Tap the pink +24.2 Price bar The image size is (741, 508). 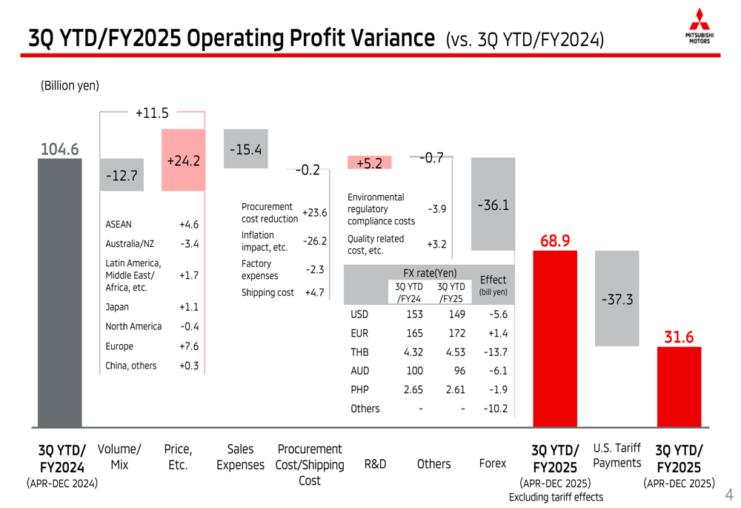[x=183, y=160]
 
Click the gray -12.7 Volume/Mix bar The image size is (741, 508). [x=122, y=175]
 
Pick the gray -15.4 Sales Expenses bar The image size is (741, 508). [x=245, y=149]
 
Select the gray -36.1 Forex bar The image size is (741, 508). [x=493, y=204]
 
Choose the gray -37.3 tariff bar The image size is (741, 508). [x=617, y=298]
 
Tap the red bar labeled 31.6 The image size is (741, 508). [x=679, y=386]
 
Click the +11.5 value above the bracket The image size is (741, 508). [x=152, y=113]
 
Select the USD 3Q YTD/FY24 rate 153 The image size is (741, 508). [x=414, y=314]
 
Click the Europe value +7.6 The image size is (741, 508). [x=189, y=346]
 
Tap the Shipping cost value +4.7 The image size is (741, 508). [x=315, y=292]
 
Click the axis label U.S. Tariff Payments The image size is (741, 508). [x=617, y=455]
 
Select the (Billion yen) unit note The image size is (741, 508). [x=70, y=86]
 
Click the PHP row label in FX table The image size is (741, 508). [x=359, y=389]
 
